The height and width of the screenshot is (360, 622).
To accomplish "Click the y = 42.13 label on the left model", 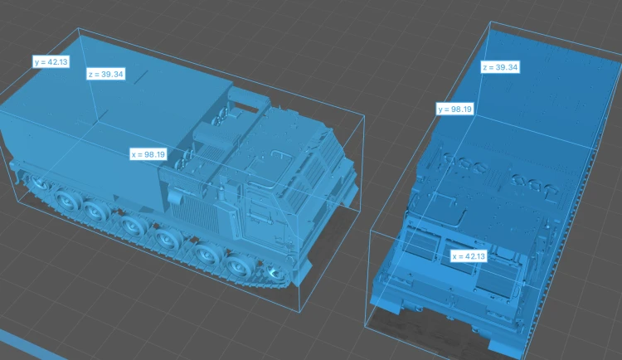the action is point(51,61).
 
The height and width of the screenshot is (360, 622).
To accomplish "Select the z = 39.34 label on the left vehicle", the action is point(105,74).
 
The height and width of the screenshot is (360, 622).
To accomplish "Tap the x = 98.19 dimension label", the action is point(148,154).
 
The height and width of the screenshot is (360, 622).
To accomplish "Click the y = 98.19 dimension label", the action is point(454,109).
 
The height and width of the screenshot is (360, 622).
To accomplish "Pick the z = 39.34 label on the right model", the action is point(500,67).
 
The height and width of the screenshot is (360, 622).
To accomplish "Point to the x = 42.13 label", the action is point(469,256).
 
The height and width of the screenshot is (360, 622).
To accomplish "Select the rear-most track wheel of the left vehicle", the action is point(39,182).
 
